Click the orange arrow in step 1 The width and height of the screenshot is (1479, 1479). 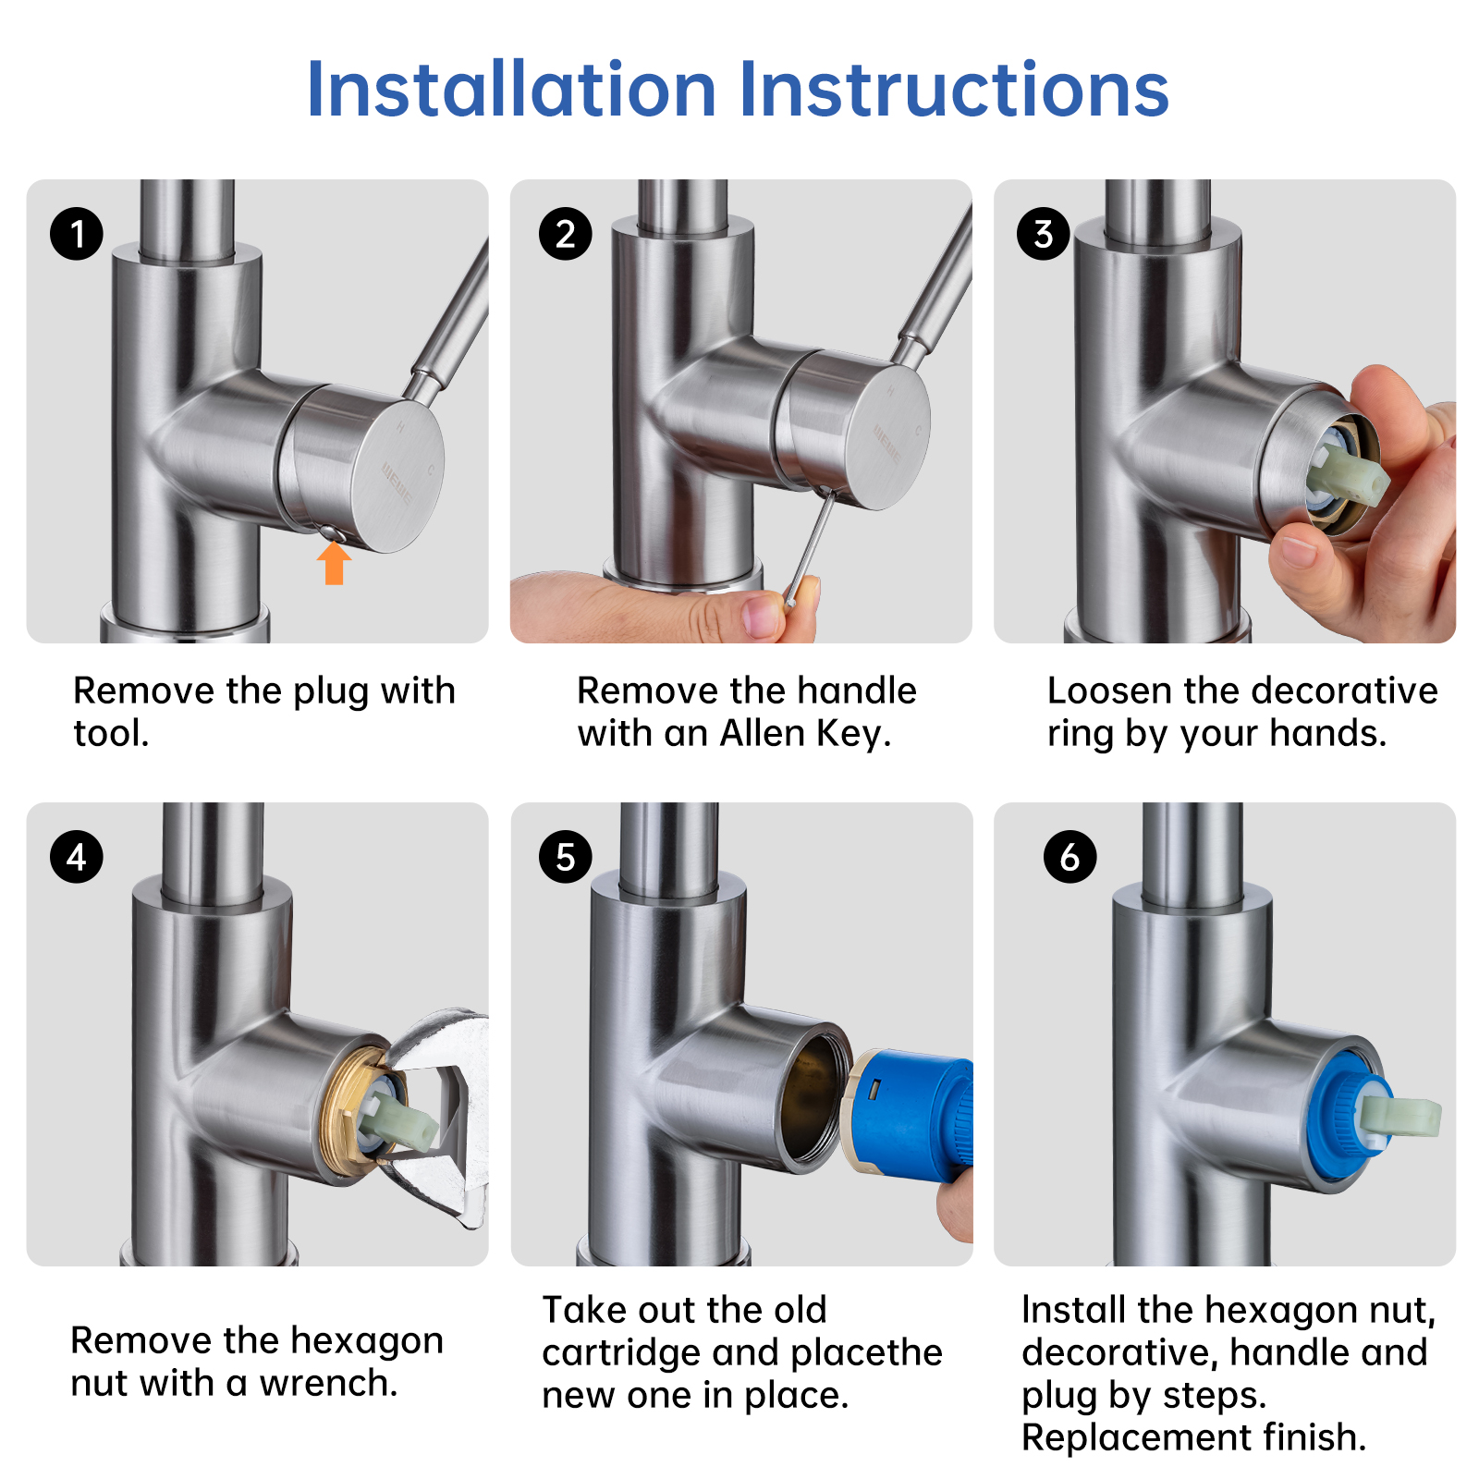(334, 563)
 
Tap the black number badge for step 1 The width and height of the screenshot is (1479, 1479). (77, 233)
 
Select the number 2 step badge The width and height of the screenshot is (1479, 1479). (565, 233)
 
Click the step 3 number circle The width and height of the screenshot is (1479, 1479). (1043, 233)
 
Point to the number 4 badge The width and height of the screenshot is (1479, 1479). (77, 857)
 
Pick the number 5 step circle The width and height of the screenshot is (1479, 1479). (565, 857)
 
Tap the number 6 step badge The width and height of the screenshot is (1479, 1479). (1070, 857)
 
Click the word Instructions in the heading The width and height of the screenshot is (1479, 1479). (954, 90)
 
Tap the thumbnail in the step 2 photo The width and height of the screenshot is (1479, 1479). (764, 616)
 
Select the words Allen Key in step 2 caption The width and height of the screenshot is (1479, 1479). (804, 733)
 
